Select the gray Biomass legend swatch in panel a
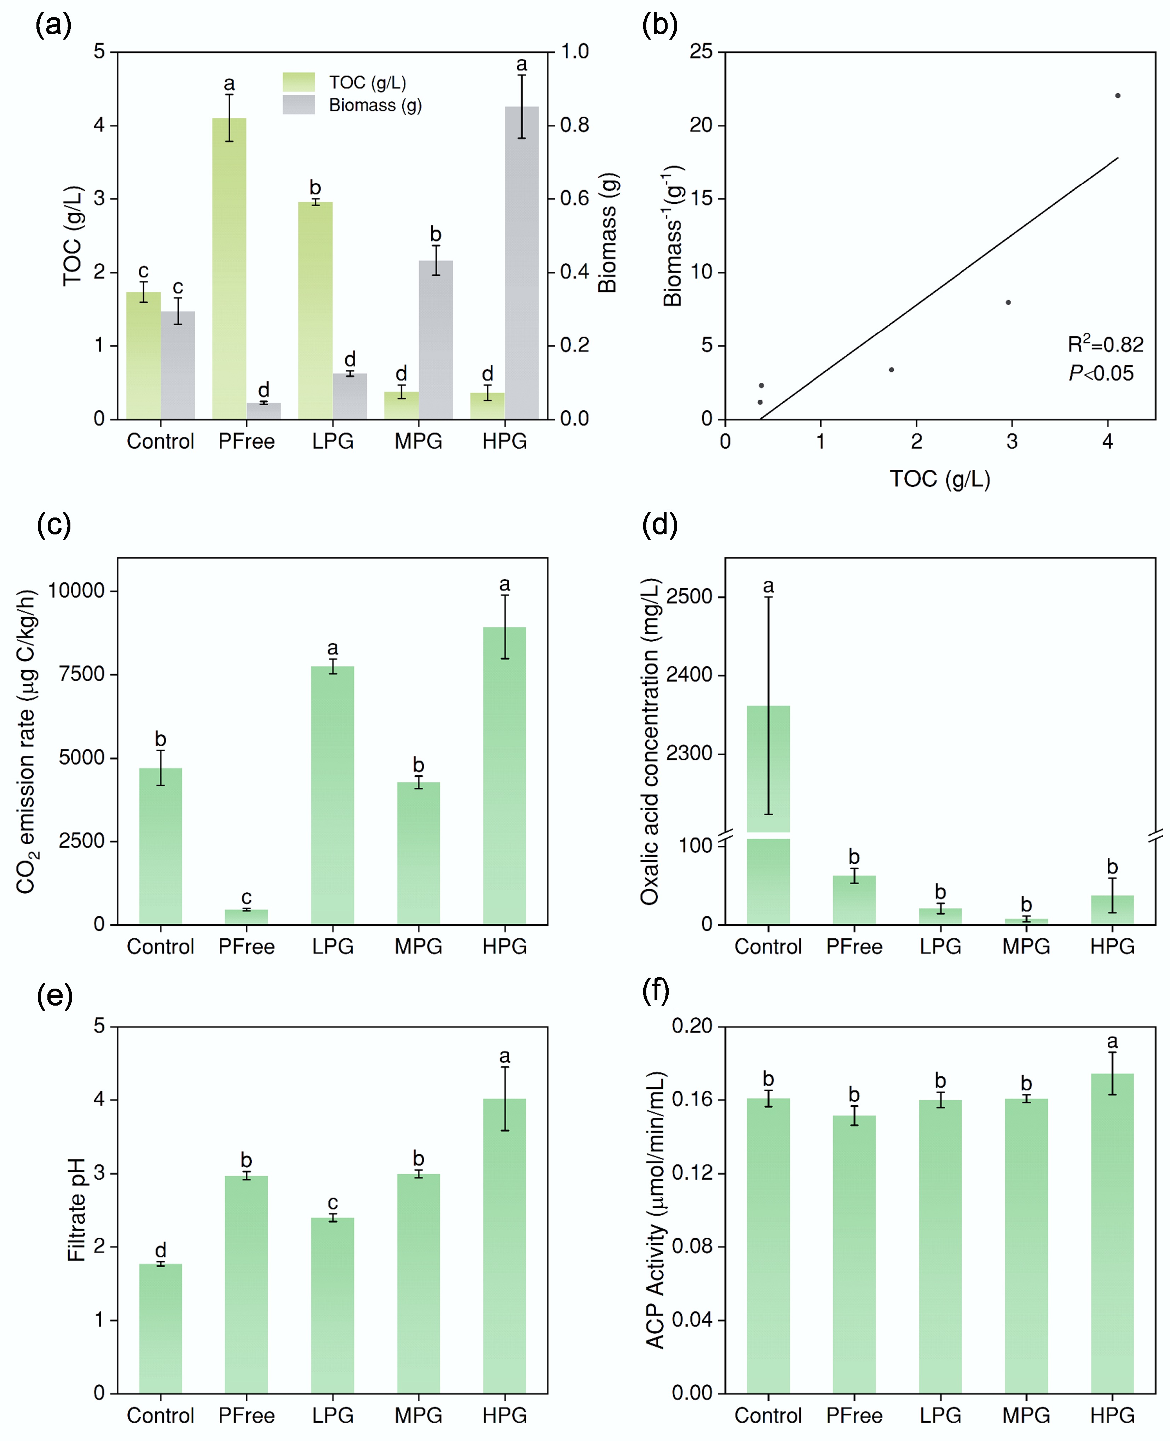coord(299,104)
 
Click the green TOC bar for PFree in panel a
coord(229,270)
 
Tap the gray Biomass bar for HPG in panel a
coord(521,263)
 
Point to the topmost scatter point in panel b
coord(1117,96)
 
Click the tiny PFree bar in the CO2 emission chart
coord(247,916)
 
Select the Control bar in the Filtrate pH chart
coord(160,1327)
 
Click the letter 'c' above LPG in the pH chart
coord(332,1203)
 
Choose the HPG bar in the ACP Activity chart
coord(1112,1233)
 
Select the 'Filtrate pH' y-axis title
coord(76,1209)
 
